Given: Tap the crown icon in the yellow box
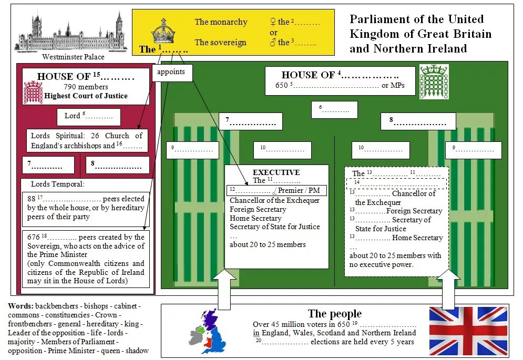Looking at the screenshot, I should coord(163,32).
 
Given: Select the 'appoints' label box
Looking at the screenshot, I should coord(172,73).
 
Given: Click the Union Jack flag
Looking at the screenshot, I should coord(468,331).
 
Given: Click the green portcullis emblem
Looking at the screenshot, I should coord(434,82).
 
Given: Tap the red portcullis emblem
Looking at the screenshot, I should coord(33,92).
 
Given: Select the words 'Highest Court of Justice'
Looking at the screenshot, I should coord(86,96).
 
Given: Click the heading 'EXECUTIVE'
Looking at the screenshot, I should coord(276,172).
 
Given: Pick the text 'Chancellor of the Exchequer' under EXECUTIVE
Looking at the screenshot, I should coord(274,200).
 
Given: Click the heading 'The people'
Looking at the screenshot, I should coord(334,314).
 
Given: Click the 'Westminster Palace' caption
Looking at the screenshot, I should coord(73,57).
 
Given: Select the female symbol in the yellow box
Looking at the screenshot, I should coord(272,22).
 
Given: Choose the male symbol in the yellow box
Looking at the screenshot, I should coord(272,43).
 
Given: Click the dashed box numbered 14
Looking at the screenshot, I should coord(396,183).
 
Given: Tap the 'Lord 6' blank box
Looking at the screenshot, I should coord(88,116).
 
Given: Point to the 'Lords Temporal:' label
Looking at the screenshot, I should coord(57,184).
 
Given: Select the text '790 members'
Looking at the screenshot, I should coord(86,87).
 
